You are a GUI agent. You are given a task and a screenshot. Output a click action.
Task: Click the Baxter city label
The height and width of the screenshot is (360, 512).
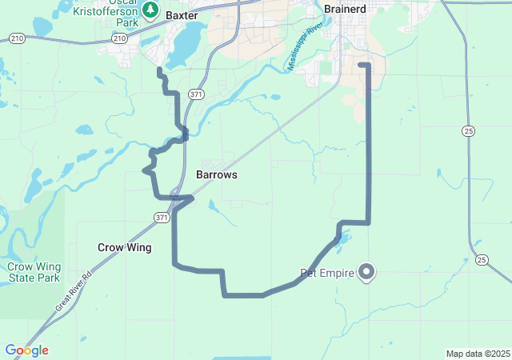(181, 14)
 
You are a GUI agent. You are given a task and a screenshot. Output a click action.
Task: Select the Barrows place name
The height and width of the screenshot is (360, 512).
(216, 174)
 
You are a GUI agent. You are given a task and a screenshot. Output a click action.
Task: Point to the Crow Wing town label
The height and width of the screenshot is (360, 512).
(124, 248)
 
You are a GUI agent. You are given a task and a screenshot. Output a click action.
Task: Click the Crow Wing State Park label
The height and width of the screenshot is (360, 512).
(34, 272)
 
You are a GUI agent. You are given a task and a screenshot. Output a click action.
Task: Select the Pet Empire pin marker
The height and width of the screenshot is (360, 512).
(367, 272)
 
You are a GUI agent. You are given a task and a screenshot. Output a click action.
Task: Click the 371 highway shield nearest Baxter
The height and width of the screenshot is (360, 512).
(195, 94)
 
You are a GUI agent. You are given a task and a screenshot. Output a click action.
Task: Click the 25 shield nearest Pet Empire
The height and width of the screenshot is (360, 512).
(481, 259)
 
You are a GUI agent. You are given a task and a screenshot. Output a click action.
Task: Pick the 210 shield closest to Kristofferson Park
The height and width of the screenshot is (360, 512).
(119, 38)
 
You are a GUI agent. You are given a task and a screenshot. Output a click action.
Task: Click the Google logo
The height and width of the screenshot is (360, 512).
(26, 350)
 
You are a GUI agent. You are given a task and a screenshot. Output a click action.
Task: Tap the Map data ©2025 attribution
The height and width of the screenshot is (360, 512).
(478, 354)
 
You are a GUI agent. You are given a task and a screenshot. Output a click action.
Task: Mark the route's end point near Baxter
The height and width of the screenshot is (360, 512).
(159, 70)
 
